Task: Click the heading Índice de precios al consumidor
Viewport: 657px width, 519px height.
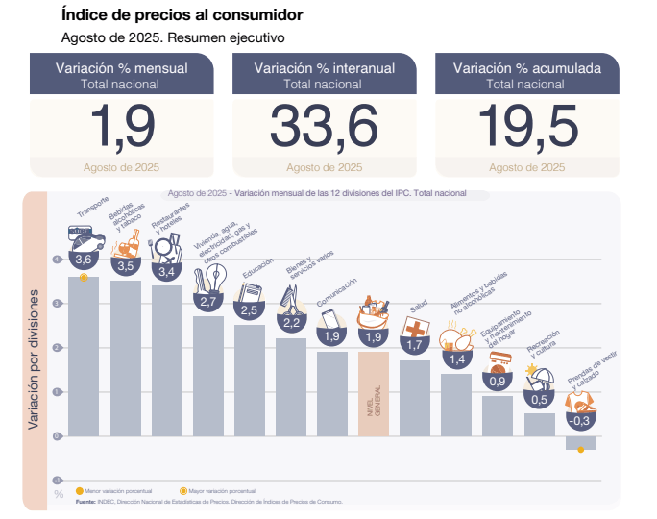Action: click(182, 15)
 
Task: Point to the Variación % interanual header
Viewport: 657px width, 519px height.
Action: click(324, 68)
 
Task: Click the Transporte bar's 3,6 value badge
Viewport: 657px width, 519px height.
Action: click(84, 259)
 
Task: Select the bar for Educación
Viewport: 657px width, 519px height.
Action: click(249, 379)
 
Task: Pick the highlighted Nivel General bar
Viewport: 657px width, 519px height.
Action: click(374, 393)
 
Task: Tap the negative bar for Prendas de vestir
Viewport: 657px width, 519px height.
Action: click(580, 442)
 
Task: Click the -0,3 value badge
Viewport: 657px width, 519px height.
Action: click(580, 420)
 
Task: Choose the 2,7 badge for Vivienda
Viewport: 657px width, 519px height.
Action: click(207, 301)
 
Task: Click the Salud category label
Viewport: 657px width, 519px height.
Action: click(418, 307)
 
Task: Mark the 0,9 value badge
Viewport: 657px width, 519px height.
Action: click(498, 382)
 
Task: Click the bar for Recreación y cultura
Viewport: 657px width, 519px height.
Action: click(539, 424)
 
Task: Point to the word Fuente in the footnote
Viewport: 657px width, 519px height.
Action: click(85, 501)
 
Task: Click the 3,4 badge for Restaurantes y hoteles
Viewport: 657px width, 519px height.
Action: click(166, 271)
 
